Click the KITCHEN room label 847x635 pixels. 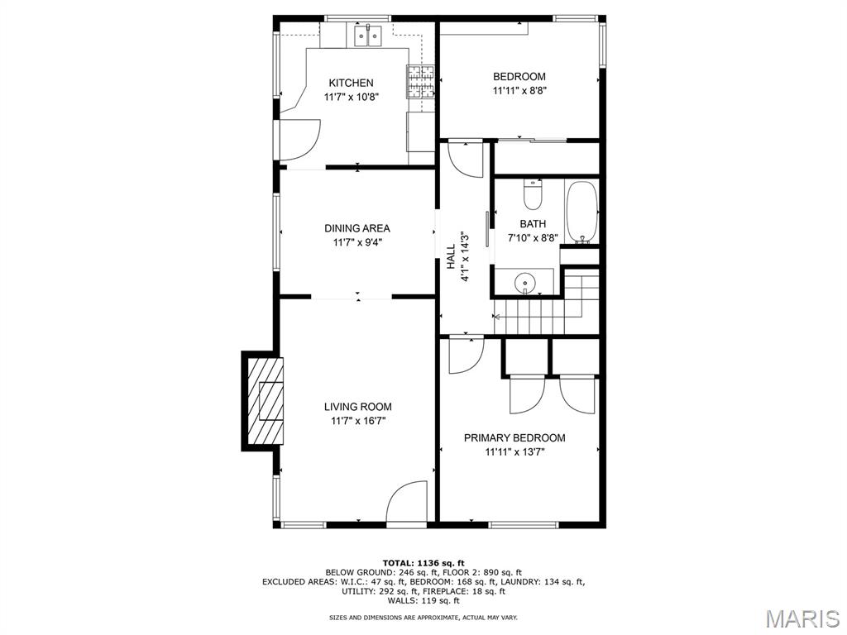click(x=351, y=83)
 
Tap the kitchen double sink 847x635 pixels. click(x=368, y=36)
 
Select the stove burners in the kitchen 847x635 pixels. click(x=421, y=82)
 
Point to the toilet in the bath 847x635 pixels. click(x=533, y=194)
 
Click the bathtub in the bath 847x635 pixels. click(x=581, y=212)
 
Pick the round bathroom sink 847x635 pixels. click(x=524, y=283)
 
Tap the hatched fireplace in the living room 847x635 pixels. click(x=266, y=400)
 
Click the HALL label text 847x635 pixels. click(x=451, y=256)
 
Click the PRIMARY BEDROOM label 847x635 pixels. click(x=514, y=438)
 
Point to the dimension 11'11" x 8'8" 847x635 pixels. click(x=519, y=91)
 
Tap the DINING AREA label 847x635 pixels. click(x=357, y=228)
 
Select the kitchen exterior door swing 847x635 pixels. click(x=299, y=139)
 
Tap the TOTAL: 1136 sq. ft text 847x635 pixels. click(x=423, y=563)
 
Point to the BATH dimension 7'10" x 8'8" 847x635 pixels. click(x=533, y=237)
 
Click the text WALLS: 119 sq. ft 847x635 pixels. click(x=423, y=600)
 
